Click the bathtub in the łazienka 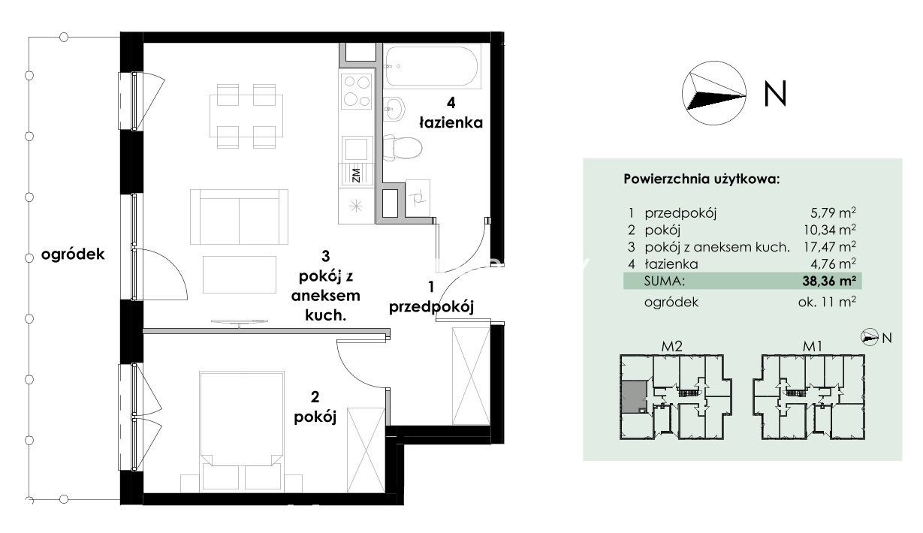click(432, 66)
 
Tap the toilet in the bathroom click(402, 149)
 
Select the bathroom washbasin click(394, 109)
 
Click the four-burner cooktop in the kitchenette click(357, 91)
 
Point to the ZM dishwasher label click(357, 175)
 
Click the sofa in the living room click(239, 217)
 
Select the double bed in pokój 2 click(242, 431)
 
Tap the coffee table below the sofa click(240, 275)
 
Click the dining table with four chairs click(246, 116)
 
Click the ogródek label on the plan click(73, 254)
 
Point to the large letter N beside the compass click(775, 94)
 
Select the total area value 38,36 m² click(829, 281)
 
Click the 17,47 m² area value click(830, 246)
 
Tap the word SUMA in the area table click(664, 282)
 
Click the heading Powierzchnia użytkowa click(701, 179)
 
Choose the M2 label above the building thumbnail click(671, 346)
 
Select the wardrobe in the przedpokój click(471, 375)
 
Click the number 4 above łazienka click(451, 103)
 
